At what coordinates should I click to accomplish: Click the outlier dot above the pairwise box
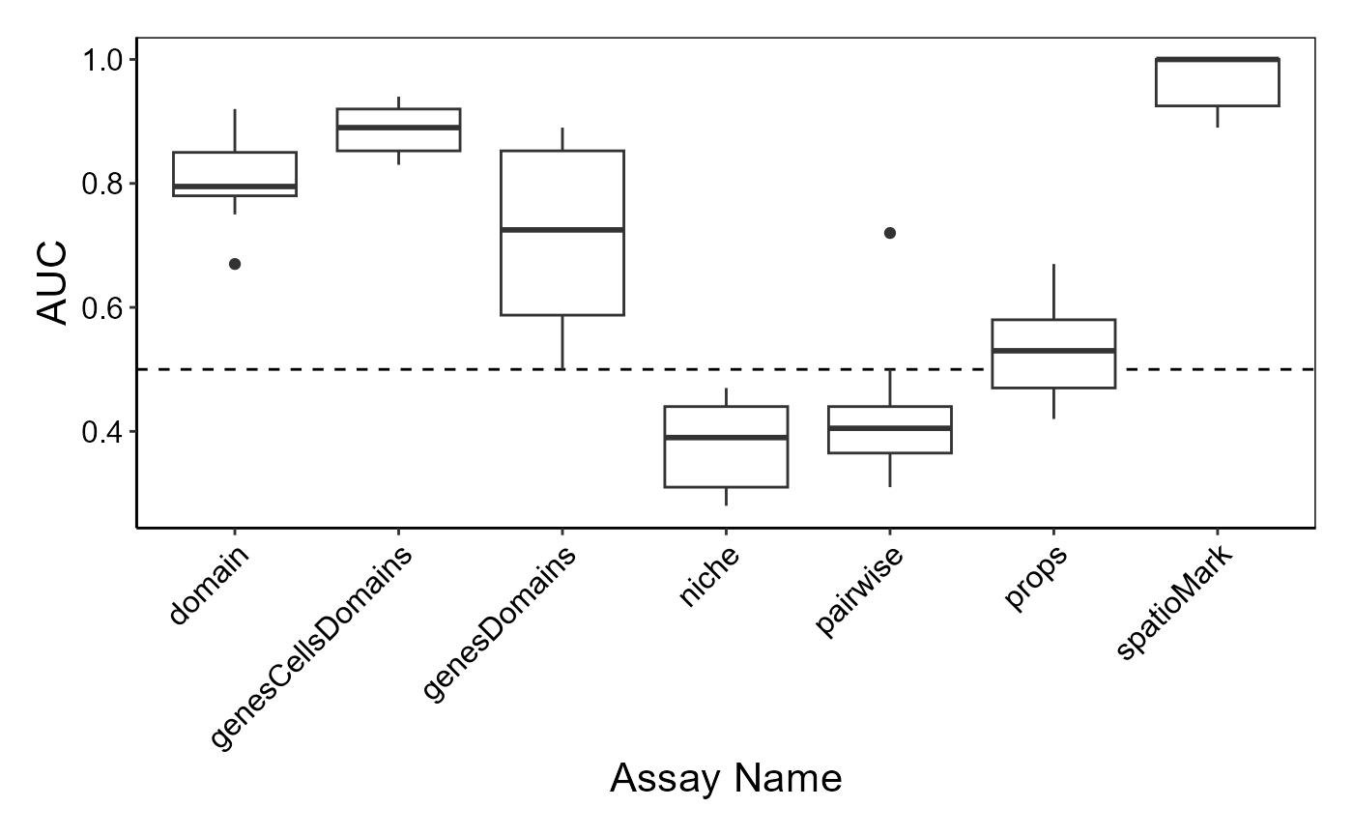tap(890, 233)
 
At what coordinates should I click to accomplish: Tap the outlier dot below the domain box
tap(235, 264)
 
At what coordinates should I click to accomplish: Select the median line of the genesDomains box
tap(562, 230)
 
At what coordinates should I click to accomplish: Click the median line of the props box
tap(1053, 350)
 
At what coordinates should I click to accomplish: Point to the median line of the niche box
tap(726, 437)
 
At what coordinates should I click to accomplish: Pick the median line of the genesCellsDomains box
tap(398, 128)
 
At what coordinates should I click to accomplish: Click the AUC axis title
tap(51, 282)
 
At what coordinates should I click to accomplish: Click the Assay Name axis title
tap(726, 778)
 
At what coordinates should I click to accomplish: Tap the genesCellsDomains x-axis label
tap(310, 647)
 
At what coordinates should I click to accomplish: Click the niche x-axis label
tap(708, 576)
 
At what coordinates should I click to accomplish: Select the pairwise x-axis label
tap(858, 591)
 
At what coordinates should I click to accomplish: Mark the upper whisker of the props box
tap(1054, 291)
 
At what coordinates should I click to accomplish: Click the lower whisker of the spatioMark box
tap(1217, 117)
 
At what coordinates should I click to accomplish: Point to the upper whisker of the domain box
tap(235, 130)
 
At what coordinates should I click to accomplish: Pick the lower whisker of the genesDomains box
tap(562, 342)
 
